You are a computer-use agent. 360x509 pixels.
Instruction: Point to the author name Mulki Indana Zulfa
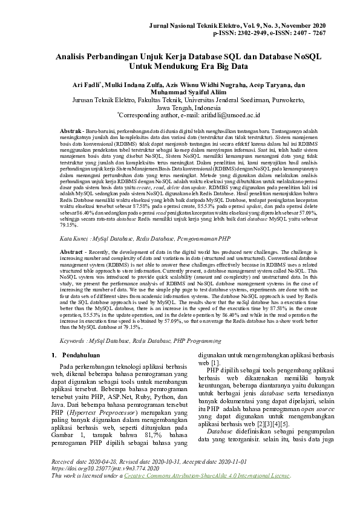pos(136,85)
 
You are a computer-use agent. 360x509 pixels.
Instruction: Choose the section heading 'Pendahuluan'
pos(85,354)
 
